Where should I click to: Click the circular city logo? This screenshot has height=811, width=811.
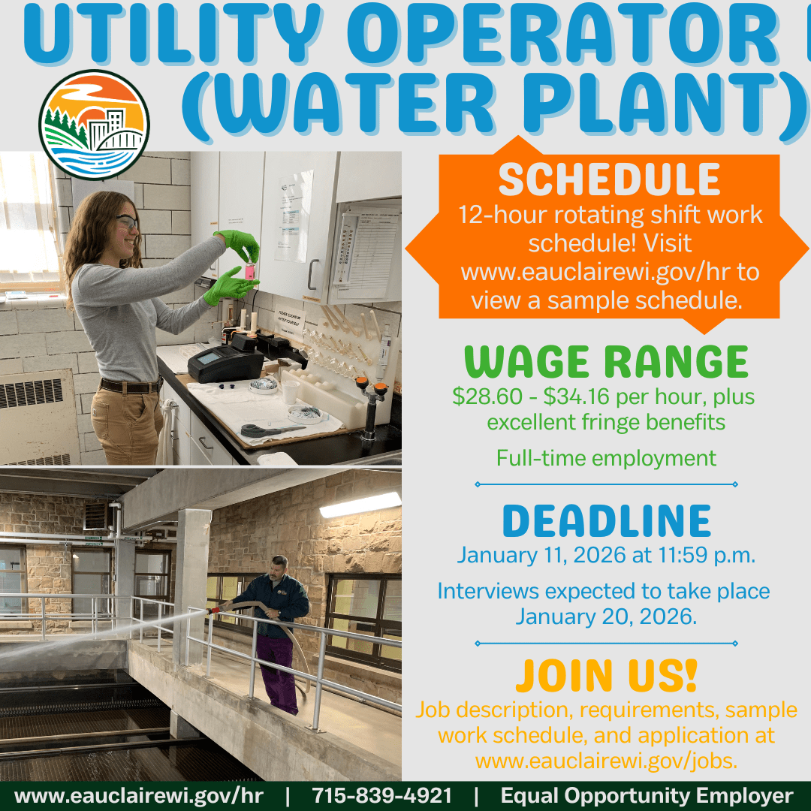(94, 123)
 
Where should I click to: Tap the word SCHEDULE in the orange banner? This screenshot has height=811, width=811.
(609, 179)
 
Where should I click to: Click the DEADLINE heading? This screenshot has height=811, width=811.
(607, 521)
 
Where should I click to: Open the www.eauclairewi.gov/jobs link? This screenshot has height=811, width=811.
(607, 761)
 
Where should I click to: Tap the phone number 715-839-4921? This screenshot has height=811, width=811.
(382, 796)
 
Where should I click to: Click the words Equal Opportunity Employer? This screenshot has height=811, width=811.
(647, 796)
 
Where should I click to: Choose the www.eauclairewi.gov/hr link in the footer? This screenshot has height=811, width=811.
(138, 796)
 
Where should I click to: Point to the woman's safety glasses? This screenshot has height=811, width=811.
(126, 222)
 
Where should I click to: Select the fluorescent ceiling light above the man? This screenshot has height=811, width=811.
(360, 505)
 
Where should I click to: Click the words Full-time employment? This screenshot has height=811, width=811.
(606, 457)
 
